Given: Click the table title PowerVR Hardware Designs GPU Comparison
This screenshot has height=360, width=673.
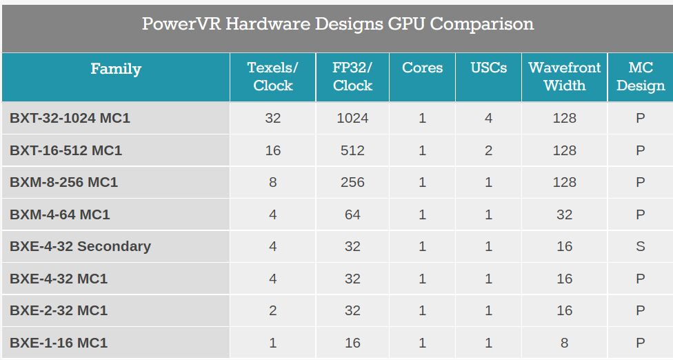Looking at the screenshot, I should click(337, 24).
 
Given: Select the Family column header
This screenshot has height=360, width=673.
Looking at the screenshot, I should click(116, 69).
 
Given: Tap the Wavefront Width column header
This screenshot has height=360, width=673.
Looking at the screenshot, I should click(564, 77).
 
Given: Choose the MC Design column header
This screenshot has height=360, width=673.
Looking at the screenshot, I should click(640, 77).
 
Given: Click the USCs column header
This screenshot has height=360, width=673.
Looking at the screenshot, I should click(488, 68).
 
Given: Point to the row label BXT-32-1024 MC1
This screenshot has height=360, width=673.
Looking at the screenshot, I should click(70, 118).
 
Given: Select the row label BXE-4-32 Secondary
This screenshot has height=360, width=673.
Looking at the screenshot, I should click(80, 246).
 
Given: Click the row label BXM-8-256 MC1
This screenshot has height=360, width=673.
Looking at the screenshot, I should click(63, 182).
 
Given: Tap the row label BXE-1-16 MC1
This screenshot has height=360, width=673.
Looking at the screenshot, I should click(59, 343).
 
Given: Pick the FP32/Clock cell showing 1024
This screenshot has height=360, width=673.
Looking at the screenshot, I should click(352, 118).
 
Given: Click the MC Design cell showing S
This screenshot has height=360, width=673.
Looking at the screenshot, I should click(640, 246).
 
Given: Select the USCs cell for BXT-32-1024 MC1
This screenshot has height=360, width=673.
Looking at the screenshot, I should click(488, 118).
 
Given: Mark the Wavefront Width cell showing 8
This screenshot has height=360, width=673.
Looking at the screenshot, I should click(564, 343).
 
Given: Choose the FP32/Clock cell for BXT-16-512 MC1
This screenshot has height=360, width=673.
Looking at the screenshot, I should click(352, 150).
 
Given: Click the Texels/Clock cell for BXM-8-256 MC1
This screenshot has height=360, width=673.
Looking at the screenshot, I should click(273, 182).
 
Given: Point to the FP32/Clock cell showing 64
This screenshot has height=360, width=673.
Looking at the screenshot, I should click(352, 214).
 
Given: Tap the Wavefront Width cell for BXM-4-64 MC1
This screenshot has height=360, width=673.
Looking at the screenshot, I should click(564, 214).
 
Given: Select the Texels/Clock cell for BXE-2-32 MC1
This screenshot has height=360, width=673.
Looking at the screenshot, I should click(273, 310).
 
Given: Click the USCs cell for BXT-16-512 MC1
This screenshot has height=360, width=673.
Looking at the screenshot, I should click(488, 150).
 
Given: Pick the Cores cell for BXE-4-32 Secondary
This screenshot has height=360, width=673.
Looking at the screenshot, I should click(422, 246).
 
